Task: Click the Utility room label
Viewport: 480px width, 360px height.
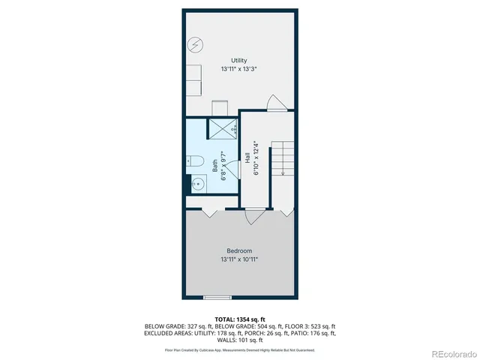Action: click(x=239, y=60)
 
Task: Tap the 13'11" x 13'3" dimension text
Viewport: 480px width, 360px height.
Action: click(x=239, y=69)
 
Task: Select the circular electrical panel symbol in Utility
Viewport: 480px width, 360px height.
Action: click(x=194, y=44)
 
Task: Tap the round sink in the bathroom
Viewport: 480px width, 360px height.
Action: click(x=199, y=182)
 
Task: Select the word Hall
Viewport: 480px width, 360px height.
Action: click(x=247, y=158)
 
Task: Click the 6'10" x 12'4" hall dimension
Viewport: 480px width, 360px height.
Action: click(x=256, y=158)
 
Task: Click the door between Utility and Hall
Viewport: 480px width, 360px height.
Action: click(x=277, y=104)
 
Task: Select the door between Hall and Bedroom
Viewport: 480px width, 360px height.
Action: click(x=254, y=215)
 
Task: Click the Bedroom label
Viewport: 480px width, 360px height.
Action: click(x=239, y=250)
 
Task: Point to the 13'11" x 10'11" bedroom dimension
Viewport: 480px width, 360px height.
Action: click(x=239, y=259)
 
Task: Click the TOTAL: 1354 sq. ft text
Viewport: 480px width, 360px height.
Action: click(x=239, y=319)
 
